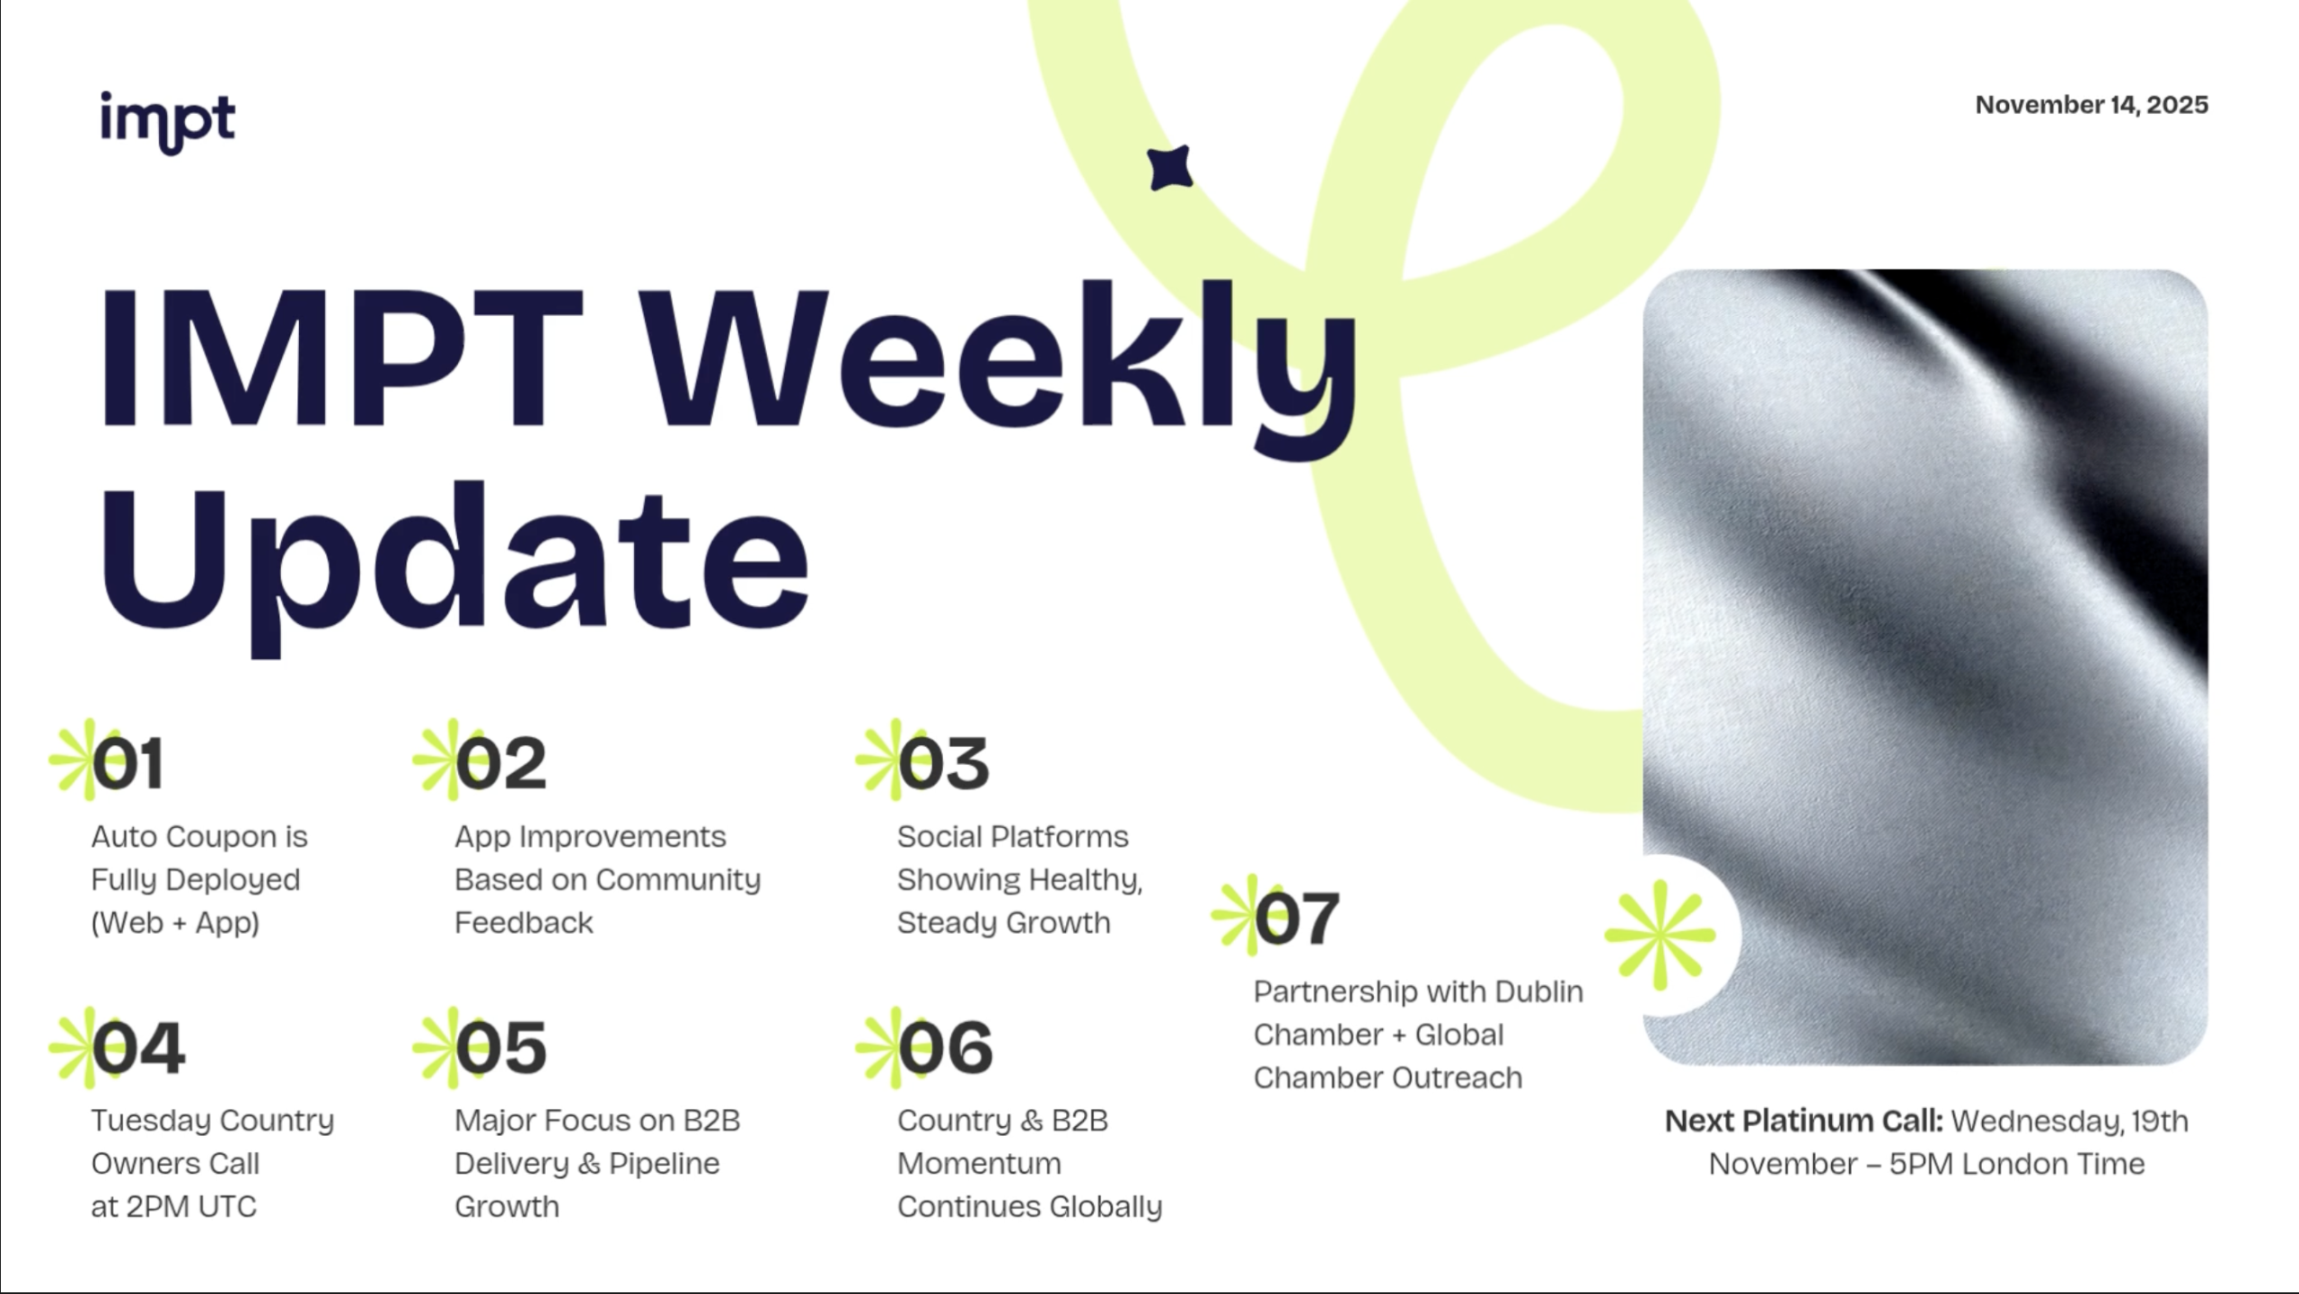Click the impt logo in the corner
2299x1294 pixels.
pos(168,122)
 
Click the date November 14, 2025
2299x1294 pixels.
pos(2092,105)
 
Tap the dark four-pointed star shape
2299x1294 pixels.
pos(1170,168)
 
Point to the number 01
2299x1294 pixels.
pos(128,764)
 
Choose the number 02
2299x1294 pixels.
pos(500,764)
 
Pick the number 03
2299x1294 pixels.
pos(943,764)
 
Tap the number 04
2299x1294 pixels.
pos(138,1048)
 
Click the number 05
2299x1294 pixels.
pos(500,1048)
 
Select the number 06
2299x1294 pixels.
pos(945,1048)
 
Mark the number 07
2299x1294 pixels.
pos(1297,919)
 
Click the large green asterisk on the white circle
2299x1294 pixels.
pos(1660,936)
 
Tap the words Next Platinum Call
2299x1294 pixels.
pos(1803,1121)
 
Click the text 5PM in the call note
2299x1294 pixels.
pos(1921,1164)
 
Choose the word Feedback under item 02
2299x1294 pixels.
pos(524,922)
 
